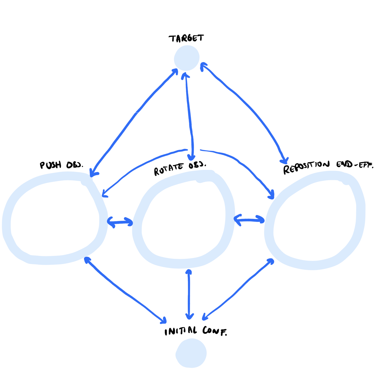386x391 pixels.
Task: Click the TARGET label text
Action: (186, 38)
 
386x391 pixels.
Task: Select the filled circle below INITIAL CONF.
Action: (191, 353)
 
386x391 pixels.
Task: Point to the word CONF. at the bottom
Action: (215, 331)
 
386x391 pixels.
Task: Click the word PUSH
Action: (51, 165)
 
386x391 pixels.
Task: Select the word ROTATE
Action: (169, 169)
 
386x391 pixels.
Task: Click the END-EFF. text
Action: (355, 165)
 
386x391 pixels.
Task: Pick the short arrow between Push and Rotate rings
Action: (120, 222)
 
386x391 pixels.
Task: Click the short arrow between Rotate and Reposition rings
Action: (249, 220)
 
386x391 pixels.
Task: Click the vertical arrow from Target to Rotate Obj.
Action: (189, 116)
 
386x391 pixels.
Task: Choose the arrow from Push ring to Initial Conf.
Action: (124, 291)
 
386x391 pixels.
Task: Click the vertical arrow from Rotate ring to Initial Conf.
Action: (189, 294)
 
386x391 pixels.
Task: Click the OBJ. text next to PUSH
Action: (74, 165)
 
